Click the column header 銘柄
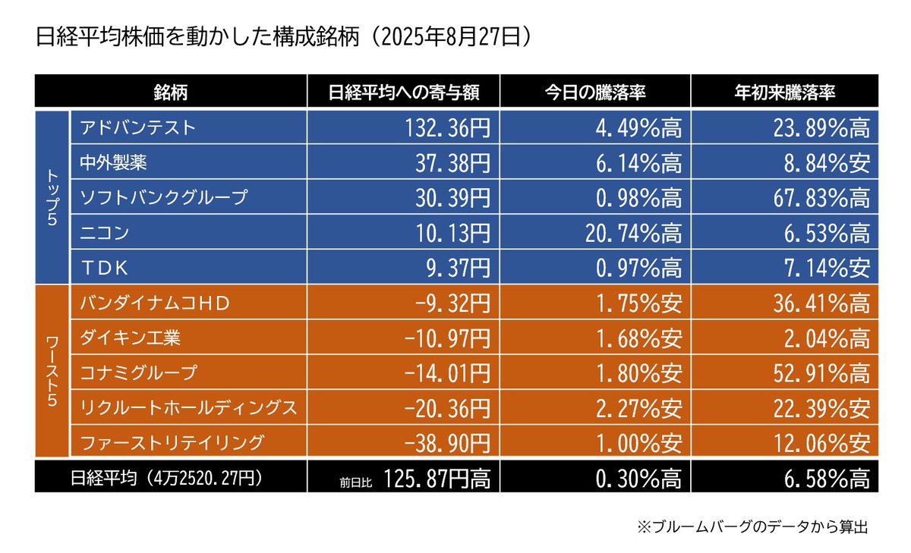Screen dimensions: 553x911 (170, 92)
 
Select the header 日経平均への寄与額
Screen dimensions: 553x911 (403, 92)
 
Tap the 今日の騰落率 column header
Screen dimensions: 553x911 (595, 92)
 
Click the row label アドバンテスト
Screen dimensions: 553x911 (137, 127)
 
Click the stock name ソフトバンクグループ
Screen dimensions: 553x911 (164, 197)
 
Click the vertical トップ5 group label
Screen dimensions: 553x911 (52, 196)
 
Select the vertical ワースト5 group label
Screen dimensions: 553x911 (52, 370)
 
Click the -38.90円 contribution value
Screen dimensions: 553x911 (449, 441)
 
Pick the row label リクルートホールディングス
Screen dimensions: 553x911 (188, 407)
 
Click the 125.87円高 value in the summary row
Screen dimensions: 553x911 (437, 477)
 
